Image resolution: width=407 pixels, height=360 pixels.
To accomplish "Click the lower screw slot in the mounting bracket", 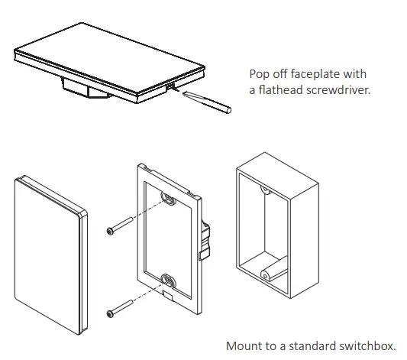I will tap(168, 280).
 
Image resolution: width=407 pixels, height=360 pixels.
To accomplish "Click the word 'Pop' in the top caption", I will tap(260, 74).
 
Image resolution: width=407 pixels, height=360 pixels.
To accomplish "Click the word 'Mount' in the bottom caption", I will tap(243, 345).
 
